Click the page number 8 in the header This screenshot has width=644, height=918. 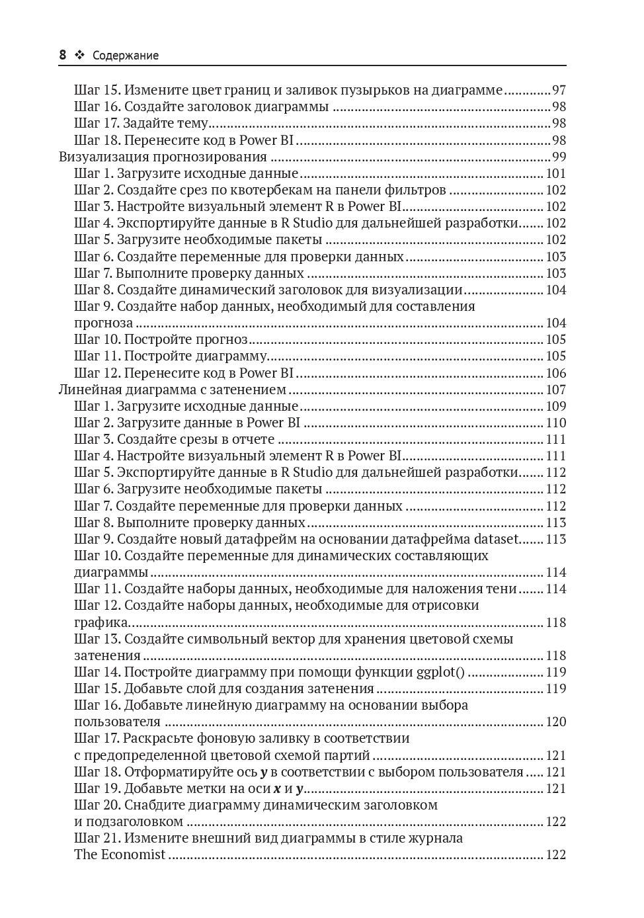pyautogui.click(x=63, y=56)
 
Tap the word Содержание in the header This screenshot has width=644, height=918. pyautogui.click(x=126, y=56)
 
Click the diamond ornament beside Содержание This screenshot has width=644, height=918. pyautogui.click(x=80, y=56)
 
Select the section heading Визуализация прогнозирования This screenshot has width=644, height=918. pyautogui.click(x=163, y=157)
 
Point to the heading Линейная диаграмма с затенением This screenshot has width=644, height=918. pyautogui.click(x=173, y=390)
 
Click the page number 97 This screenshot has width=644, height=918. pyautogui.click(x=559, y=90)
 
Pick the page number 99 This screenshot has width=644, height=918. pyautogui.click(x=559, y=157)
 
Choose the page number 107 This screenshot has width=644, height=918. pyautogui.click(x=556, y=390)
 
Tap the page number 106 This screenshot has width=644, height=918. pyautogui.click(x=556, y=373)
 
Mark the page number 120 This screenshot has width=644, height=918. pyautogui.click(x=556, y=722)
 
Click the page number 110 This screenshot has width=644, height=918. pyautogui.click(x=556, y=423)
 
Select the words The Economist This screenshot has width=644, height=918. pyautogui.click(x=120, y=855)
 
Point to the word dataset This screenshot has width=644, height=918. pyautogui.click(x=496, y=539)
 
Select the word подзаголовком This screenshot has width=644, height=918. pyautogui.click(x=134, y=821)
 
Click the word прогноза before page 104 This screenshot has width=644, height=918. pyautogui.click(x=103, y=323)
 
